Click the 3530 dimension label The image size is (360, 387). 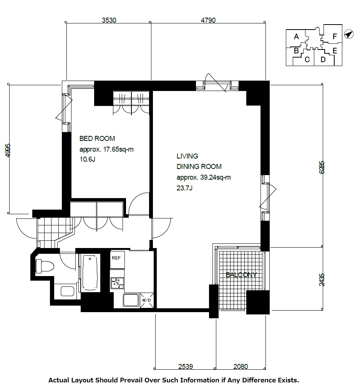(x=109, y=20)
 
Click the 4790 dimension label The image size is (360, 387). (x=208, y=20)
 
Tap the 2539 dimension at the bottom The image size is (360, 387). (x=186, y=367)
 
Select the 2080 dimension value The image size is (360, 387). (x=241, y=367)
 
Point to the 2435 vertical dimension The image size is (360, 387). (x=322, y=280)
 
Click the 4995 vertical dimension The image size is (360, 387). (x=8, y=150)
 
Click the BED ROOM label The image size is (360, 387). (x=97, y=139)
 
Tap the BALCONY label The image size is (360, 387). (x=241, y=275)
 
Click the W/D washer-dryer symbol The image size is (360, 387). (x=147, y=300)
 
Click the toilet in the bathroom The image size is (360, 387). (x=45, y=266)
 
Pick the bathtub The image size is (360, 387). (x=90, y=273)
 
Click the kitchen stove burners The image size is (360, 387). (x=117, y=283)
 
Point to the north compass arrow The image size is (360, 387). (x=348, y=34)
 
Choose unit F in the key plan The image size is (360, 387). (x=335, y=36)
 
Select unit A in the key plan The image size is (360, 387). (x=296, y=36)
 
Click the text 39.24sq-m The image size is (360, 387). (x=215, y=177)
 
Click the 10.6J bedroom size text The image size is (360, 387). (x=88, y=159)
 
